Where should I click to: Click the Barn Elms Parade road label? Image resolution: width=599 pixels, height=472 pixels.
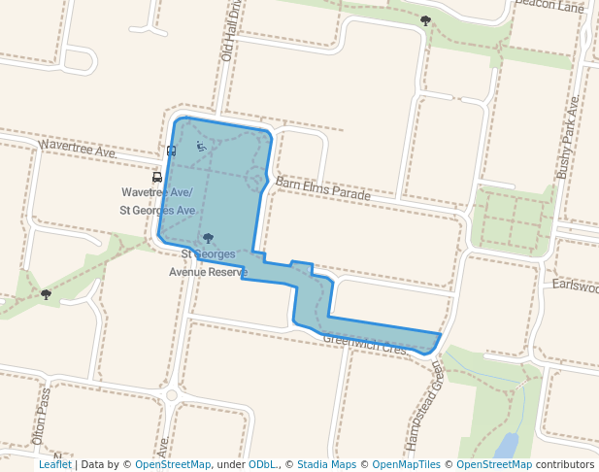tap(322, 188)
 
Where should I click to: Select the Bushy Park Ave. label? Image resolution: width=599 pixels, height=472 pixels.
tap(568, 137)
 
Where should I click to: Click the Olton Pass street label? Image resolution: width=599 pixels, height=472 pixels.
tap(41, 417)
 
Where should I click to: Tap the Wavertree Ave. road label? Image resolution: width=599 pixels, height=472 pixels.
tap(77, 149)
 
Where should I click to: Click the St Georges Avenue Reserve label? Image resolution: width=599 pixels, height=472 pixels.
tap(209, 263)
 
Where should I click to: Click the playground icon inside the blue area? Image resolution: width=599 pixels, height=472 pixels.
tap(201, 147)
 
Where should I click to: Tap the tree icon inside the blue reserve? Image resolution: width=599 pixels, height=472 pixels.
tap(208, 238)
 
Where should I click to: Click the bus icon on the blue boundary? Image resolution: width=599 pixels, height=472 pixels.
tap(172, 151)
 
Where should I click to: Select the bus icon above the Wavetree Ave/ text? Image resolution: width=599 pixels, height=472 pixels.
tap(157, 178)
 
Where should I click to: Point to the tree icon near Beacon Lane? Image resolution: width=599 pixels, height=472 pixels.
tap(425, 19)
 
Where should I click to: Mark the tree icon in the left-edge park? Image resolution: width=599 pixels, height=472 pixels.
tap(46, 293)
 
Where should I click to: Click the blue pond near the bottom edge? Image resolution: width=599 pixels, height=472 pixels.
tap(505, 446)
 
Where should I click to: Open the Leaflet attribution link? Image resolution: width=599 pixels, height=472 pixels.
tap(55, 464)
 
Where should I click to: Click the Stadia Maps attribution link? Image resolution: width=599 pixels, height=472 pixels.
tap(326, 464)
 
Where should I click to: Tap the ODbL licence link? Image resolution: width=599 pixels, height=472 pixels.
tap(262, 464)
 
